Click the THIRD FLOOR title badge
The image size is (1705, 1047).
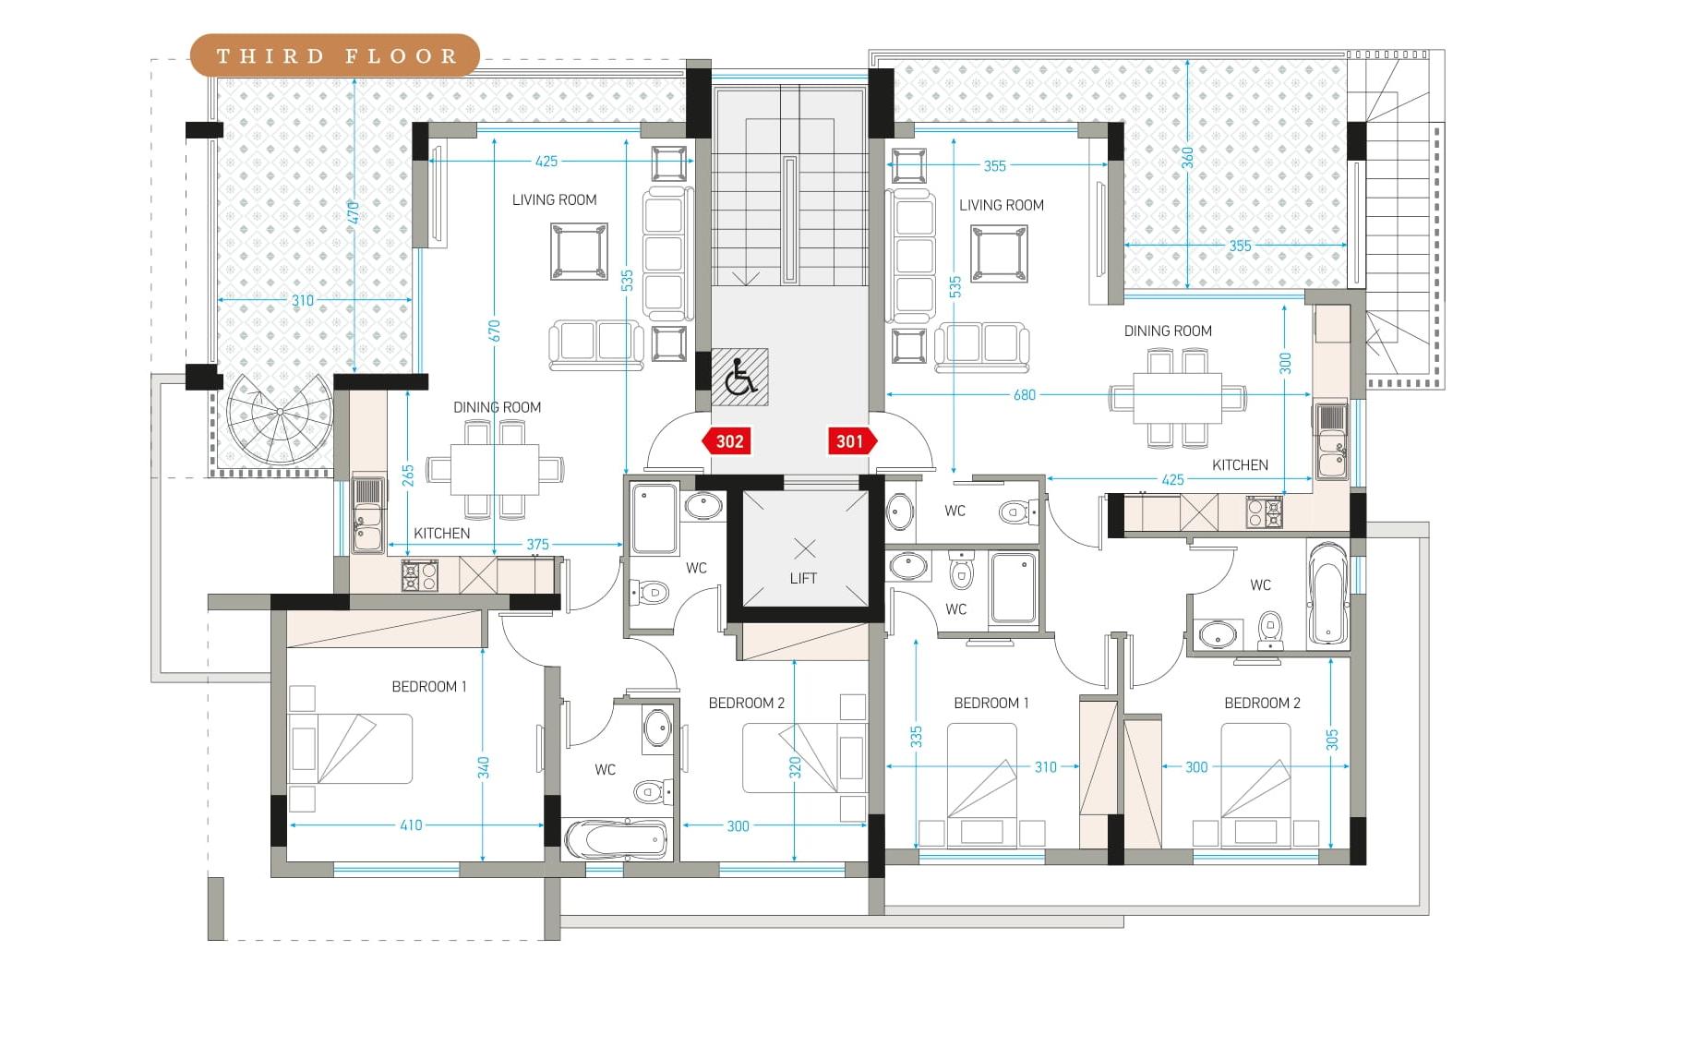pos(334,55)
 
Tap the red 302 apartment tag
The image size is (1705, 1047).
pos(726,441)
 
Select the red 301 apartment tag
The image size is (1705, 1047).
pos(852,441)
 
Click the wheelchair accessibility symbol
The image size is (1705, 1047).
pos(740,377)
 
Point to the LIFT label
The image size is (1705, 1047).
pos(803,579)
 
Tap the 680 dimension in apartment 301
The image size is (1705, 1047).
pos(1025,395)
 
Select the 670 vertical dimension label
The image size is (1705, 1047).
pos(494,331)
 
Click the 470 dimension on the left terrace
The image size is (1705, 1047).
pos(354,213)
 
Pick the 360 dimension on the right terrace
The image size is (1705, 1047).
pos(1187,158)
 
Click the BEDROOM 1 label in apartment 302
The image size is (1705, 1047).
pos(429,687)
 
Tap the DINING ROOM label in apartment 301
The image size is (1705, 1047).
pos(1168,331)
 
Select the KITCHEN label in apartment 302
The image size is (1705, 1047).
pos(442,534)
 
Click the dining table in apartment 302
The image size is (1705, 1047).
pos(495,470)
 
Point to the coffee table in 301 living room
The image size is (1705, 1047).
pos(999,254)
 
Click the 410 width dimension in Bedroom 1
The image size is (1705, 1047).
pos(411,825)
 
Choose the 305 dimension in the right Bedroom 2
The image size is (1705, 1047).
pos(1332,740)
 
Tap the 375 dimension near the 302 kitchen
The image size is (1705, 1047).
pos(537,545)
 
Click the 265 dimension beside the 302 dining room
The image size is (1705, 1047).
pos(408,475)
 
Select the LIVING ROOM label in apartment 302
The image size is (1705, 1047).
pos(555,200)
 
